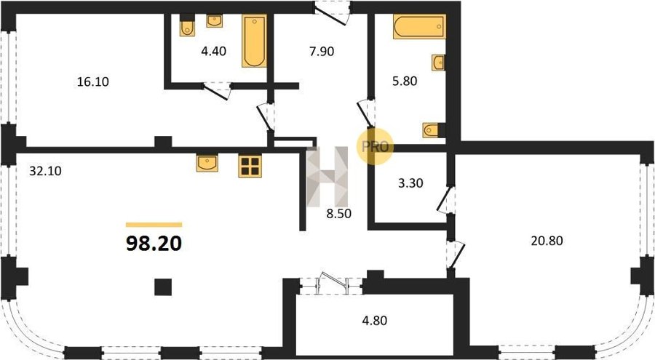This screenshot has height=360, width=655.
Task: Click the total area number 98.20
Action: (x=154, y=244)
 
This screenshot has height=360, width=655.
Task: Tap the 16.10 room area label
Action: (x=92, y=81)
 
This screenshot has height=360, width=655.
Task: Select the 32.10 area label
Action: (x=46, y=170)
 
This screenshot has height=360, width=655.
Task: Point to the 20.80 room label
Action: (x=547, y=241)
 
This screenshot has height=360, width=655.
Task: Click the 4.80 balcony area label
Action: (x=374, y=320)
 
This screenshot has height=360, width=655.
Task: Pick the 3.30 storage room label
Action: (x=410, y=183)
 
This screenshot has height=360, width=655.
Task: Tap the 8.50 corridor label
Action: (x=338, y=214)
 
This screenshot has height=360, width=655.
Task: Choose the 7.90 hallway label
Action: (x=322, y=52)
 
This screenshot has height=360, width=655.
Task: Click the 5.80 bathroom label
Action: (x=405, y=81)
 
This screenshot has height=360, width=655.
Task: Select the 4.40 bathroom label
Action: (x=213, y=51)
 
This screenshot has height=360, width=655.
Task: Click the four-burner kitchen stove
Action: (x=250, y=166)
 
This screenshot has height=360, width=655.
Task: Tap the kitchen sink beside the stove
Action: (x=207, y=163)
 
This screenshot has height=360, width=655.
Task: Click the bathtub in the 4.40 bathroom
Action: (x=254, y=41)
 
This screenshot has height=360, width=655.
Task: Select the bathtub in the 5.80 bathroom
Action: (x=419, y=26)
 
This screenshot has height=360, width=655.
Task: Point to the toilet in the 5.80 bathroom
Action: (x=432, y=130)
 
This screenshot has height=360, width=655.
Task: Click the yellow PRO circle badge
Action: (x=375, y=146)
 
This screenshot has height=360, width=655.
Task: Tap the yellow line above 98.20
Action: (x=154, y=225)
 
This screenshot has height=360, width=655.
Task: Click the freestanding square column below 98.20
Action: (x=163, y=287)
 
